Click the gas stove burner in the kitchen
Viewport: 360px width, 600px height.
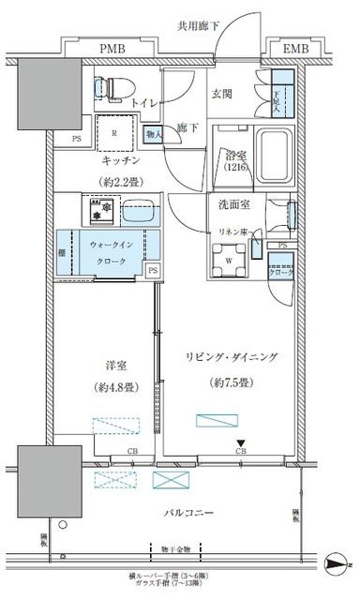click(x=97, y=210)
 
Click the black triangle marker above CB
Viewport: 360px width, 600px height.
click(x=241, y=445)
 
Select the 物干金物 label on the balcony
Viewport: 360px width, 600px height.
click(x=175, y=549)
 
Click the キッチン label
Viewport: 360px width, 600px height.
click(x=113, y=160)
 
